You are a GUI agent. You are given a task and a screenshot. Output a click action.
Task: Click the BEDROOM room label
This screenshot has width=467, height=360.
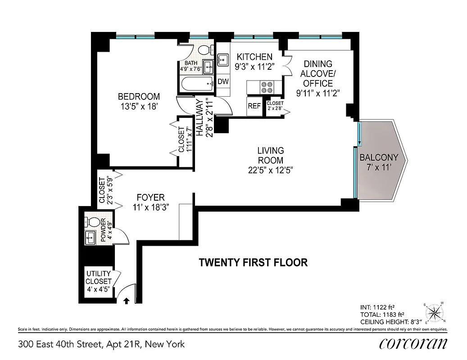[139, 96]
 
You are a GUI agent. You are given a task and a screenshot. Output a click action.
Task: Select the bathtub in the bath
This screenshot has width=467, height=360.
[196, 83]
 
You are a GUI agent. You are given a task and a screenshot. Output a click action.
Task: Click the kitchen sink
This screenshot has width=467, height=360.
[222, 59]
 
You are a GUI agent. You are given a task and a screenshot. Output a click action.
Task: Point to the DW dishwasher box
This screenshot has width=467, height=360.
[223, 82]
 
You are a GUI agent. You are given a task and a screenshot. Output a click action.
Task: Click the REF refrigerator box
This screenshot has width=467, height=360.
[254, 106]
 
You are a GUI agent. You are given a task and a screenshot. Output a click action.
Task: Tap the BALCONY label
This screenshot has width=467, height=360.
[379, 157]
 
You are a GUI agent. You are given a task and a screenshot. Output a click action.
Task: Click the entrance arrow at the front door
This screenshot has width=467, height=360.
[127, 301]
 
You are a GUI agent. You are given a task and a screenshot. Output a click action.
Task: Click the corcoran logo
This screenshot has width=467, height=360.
[413, 344]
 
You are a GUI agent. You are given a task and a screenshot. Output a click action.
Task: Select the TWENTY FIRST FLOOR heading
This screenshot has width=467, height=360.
[253, 262]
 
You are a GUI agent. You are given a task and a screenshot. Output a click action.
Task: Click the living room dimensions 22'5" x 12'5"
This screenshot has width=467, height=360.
[270, 170]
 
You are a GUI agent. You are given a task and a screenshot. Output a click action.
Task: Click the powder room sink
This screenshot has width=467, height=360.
[91, 237]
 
